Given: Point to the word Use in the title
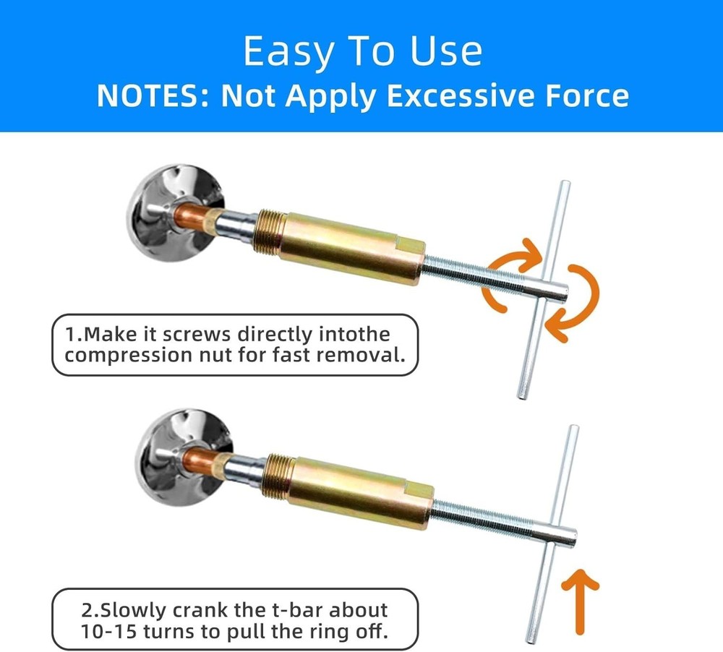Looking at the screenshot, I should click(442, 52).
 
